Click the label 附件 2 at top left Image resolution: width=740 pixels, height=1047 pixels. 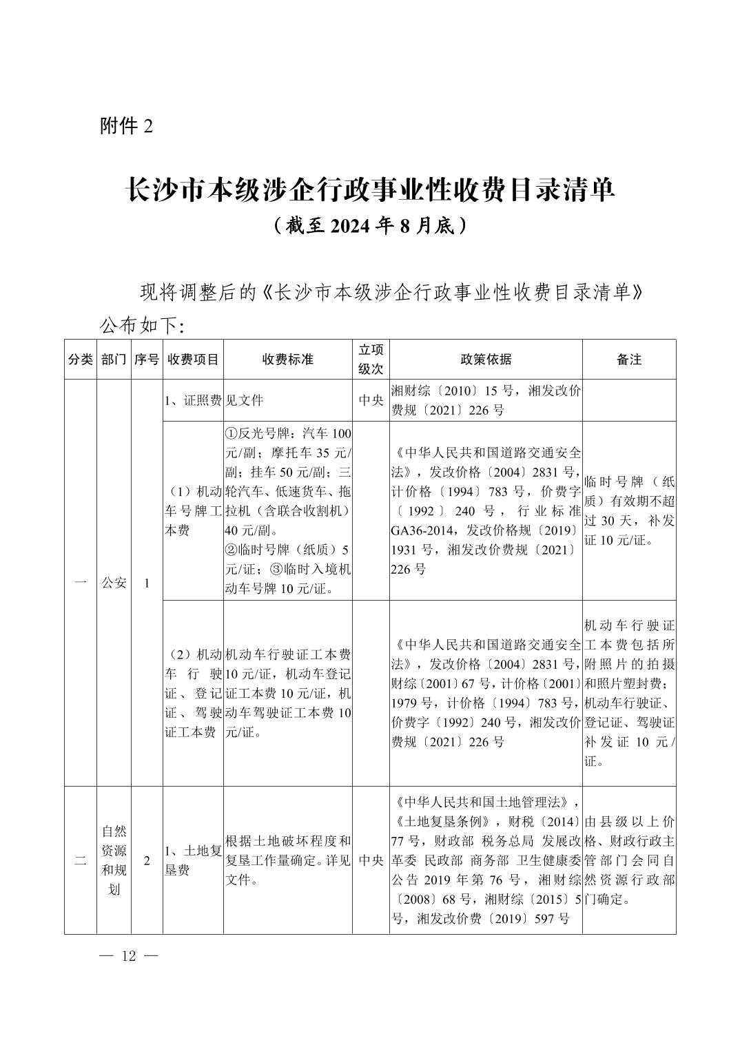125,126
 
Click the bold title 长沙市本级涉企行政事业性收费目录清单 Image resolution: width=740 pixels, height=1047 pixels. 369,190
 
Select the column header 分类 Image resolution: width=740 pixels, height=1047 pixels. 81,360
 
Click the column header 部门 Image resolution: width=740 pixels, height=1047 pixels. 114,360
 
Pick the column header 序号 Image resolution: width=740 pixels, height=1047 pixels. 147,360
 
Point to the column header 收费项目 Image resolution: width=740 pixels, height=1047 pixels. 193,360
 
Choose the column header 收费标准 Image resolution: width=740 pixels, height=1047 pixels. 287,360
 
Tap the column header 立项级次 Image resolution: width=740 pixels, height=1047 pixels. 371,360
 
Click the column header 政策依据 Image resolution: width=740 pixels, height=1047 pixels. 486,360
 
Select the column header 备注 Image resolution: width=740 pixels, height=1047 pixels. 629,360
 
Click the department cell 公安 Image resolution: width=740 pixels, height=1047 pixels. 114,583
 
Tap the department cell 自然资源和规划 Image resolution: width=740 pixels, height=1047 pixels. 114,860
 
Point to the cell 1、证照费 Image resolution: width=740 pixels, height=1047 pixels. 193,400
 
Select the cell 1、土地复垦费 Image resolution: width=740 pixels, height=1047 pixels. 193,860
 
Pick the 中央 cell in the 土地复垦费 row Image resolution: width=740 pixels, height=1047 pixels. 371,860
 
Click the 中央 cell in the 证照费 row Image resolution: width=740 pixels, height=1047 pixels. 371,400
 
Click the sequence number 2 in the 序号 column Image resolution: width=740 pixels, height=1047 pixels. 147,860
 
